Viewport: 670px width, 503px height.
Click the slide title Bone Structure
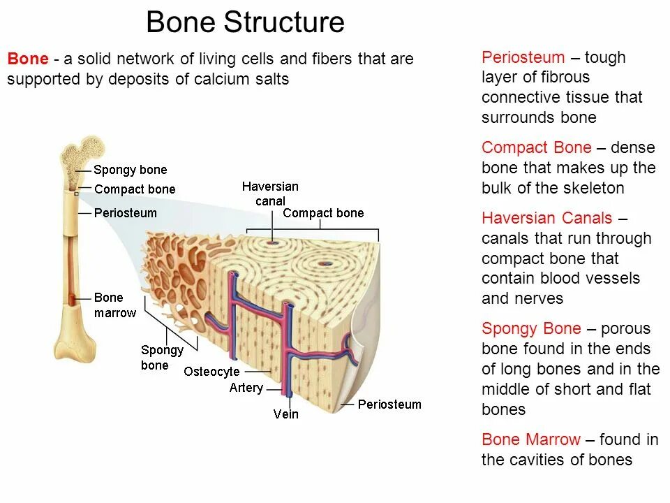tap(245, 22)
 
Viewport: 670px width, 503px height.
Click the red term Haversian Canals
tap(546, 218)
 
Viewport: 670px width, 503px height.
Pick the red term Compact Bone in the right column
tap(536, 147)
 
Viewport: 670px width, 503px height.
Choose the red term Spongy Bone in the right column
tap(531, 328)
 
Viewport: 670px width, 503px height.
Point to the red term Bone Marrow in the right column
tap(530, 439)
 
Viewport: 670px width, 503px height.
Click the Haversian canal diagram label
tap(270, 194)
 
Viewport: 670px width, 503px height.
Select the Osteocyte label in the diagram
tap(211, 372)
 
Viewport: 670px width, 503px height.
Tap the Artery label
tap(246, 388)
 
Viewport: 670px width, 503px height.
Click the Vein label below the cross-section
tap(285, 414)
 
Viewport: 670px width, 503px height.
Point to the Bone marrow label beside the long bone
tap(115, 305)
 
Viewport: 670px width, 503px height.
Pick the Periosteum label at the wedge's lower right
tap(389, 404)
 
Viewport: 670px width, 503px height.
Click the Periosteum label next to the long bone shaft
tap(126, 213)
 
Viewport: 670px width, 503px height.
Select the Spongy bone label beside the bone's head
tap(131, 170)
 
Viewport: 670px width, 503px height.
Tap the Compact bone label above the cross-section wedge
tap(323, 213)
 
